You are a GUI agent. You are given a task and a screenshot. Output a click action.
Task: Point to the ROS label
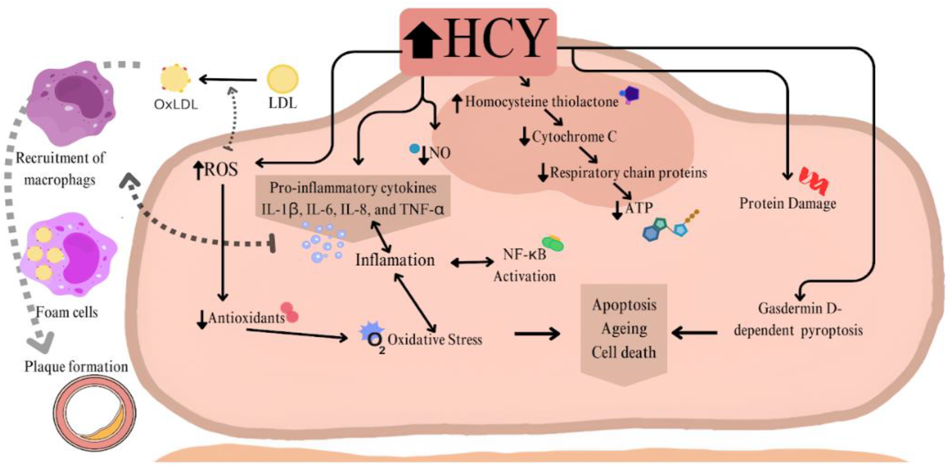221,170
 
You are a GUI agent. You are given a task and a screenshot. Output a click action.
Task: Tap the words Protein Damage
787,203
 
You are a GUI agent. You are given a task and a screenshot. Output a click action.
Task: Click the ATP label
639,208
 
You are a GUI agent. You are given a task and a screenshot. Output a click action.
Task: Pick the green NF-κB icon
552,244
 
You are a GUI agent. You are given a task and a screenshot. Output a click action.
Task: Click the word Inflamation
395,260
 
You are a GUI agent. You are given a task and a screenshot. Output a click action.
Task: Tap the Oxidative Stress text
434,340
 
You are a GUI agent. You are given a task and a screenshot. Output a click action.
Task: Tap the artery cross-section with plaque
95,413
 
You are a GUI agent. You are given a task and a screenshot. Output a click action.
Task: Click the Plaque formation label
76,366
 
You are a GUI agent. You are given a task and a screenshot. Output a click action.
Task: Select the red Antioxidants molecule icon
290,312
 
